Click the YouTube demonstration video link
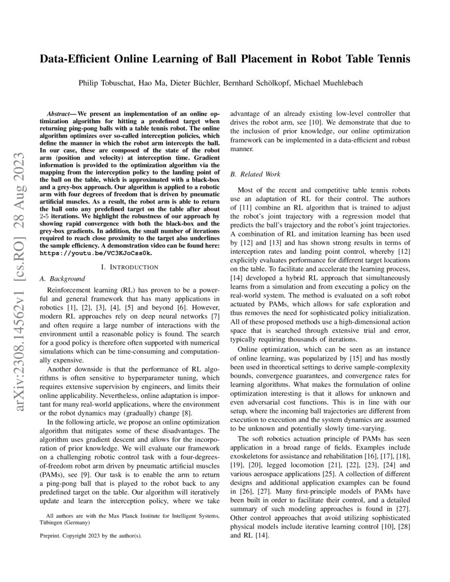(x=96, y=253)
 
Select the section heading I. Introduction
(x=130, y=267)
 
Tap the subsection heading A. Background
(x=62, y=278)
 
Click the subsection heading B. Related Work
(x=255, y=174)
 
